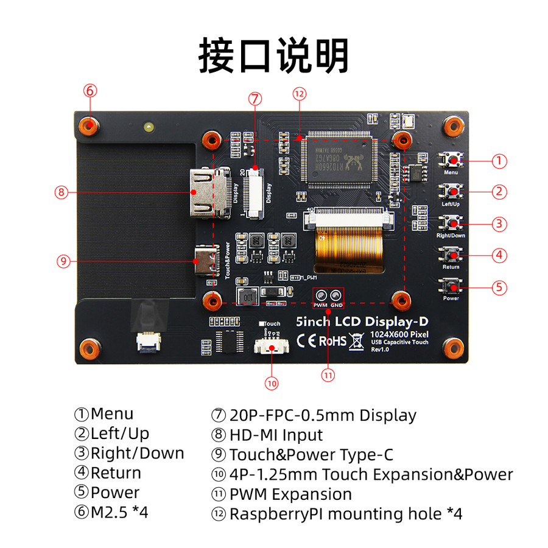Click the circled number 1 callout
pos(499,161)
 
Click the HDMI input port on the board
pos(208,192)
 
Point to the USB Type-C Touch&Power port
pos(206,262)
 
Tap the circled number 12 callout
pos(298,94)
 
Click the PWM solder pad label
pos(320,304)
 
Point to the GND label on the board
pos(337,304)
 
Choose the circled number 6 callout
pos(90,90)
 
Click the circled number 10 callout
pos(271,383)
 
